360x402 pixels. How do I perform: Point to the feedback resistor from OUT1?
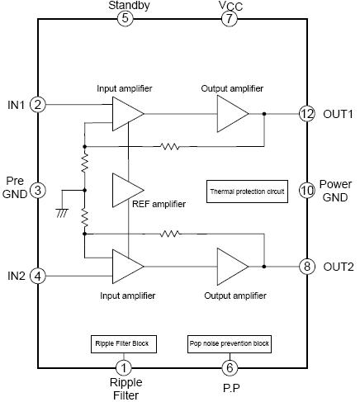pos(170,146)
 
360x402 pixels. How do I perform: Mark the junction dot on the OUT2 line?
pos(264,267)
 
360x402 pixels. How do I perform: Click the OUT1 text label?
pos(338,114)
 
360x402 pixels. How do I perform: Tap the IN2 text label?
pos(17,276)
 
